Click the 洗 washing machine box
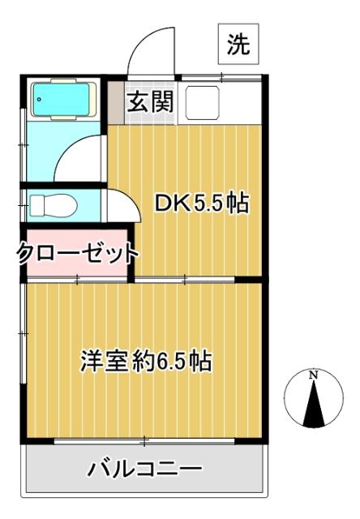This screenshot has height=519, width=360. tap(237, 46)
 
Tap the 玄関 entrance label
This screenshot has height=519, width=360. tap(148, 102)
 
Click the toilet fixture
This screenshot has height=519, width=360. tap(50, 205)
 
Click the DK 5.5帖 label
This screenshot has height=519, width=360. tap(201, 204)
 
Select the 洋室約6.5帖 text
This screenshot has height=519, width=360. tap(146, 360)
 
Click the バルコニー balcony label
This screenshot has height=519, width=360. tap(145, 469)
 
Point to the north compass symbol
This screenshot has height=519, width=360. tap(311, 401)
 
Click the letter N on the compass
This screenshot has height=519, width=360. tap(312, 376)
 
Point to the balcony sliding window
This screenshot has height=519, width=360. tap(146, 441)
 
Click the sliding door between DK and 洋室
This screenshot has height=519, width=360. tap(185, 281)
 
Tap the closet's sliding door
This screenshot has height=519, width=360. tap(78, 281)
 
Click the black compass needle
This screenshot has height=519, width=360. tap(312, 405)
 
